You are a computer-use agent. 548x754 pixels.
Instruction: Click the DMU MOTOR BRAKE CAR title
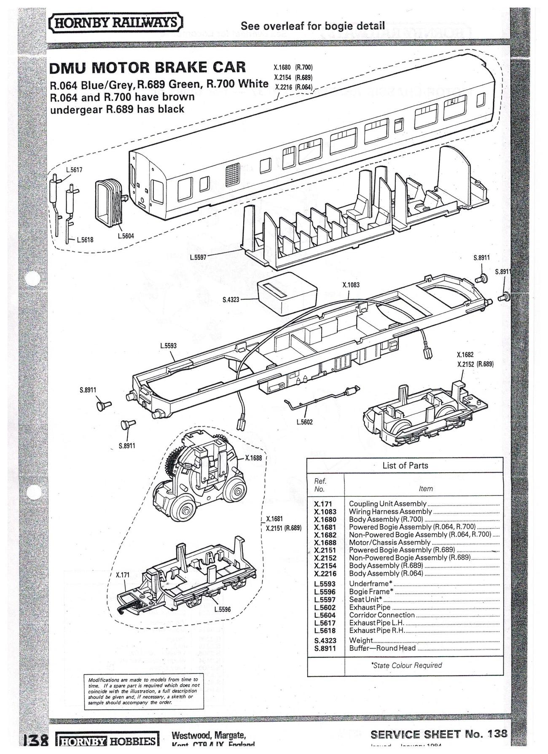[148, 67]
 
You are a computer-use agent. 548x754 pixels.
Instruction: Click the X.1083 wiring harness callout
[351, 285]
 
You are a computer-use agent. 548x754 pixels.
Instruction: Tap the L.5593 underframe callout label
[168, 346]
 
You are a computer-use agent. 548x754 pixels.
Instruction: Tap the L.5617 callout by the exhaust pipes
[74, 170]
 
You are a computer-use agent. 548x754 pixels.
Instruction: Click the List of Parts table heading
[405, 466]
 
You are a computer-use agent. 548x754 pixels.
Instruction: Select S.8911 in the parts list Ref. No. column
[325, 648]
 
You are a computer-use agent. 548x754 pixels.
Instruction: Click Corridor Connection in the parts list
[382, 615]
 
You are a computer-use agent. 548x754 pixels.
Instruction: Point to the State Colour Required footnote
[406, 665]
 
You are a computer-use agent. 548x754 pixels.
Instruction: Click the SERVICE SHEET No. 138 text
[438, 734]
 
